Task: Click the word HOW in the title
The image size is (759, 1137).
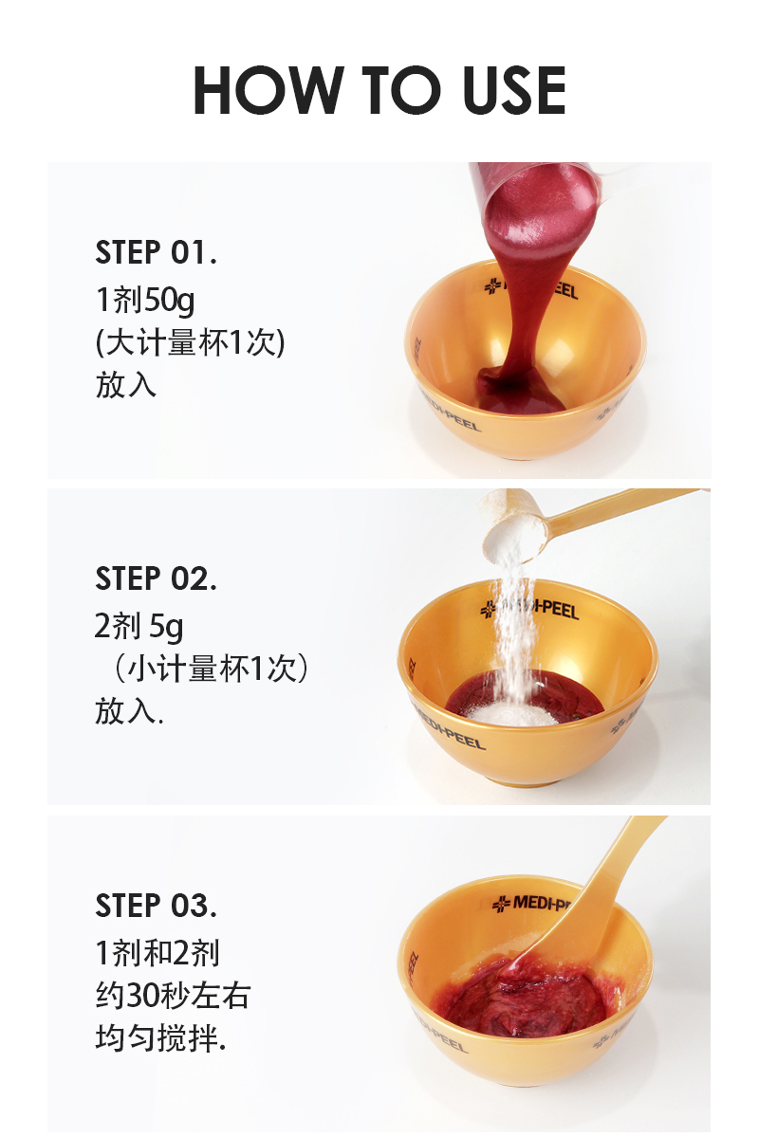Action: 267,90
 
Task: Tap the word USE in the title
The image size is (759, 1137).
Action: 513,90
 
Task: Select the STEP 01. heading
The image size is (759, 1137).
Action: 156,252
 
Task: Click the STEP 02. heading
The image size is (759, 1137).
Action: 156,578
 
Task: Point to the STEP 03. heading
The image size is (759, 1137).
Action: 156,906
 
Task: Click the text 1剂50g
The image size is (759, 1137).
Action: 145,300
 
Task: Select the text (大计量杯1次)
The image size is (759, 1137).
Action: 190,342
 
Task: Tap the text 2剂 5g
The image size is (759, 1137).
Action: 139,627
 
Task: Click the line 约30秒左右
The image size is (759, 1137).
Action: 173,996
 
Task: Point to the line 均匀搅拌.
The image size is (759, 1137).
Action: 160,1038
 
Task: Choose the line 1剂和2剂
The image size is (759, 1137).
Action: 157,953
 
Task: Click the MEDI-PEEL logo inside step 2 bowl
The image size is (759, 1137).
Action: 529,608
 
